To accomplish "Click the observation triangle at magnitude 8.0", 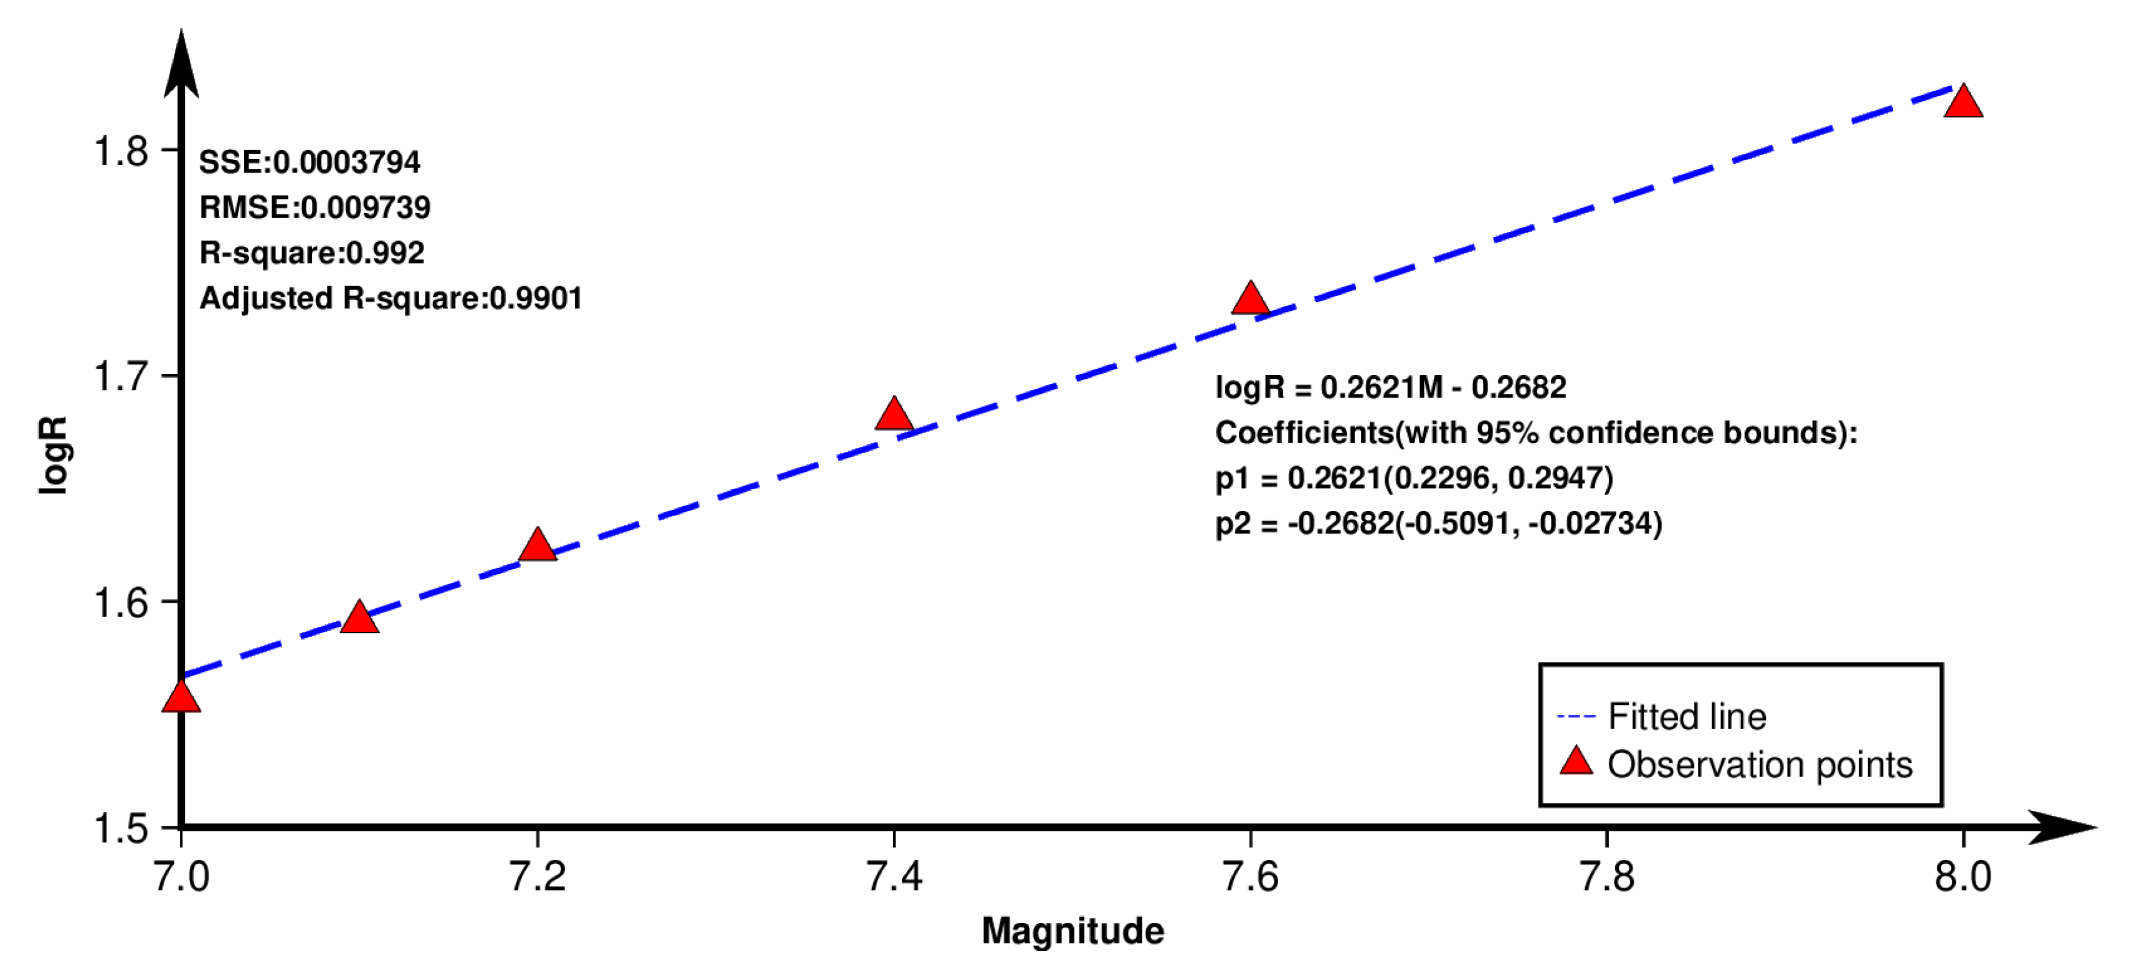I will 1963,103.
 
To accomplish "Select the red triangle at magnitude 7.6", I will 1250,300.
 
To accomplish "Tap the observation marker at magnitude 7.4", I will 894,415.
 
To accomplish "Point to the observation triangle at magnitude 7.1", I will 359,618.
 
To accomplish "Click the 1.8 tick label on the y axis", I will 121,151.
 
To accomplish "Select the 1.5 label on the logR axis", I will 121,829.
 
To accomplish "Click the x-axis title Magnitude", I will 1073,930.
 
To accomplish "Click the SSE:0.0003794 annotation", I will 310,162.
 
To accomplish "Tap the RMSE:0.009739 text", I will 315,207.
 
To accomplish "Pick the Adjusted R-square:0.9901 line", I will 391,298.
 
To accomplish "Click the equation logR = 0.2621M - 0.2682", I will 1390,388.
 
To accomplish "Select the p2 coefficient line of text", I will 1439,524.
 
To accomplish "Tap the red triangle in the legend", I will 1575,762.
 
